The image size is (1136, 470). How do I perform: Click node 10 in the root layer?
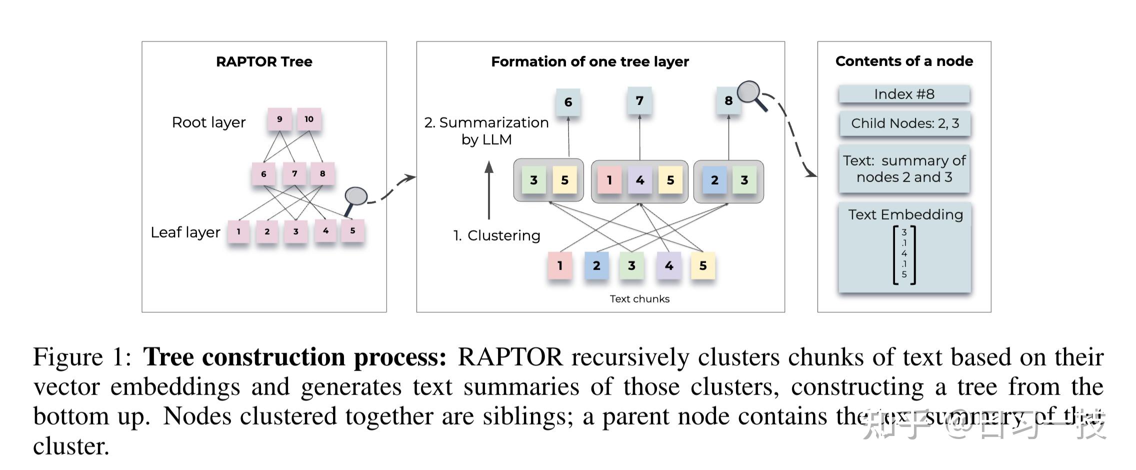tap(309, 119)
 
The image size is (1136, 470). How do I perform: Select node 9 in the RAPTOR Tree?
tap(279, 119)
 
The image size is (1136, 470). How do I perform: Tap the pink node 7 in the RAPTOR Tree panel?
tap(294, 173)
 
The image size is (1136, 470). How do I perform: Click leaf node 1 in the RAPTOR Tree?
tap(238, 231)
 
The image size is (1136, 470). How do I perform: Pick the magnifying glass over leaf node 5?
tap(355, 197)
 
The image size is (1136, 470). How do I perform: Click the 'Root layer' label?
tap(208, 122)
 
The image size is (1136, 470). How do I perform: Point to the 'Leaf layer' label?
tap(185, 232)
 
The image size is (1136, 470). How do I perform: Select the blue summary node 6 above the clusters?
tap(568, 102)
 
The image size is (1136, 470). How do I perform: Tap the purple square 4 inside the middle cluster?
tap(640, 180)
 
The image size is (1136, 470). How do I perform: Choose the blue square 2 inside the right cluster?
tap(714, 180)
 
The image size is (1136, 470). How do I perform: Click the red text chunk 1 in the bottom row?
tap(560, 265)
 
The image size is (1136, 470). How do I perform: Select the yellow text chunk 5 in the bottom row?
tap(703, 265)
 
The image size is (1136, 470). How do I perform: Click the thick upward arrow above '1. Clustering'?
tap(489, 190)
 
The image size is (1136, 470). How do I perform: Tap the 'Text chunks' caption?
tap(639, 299)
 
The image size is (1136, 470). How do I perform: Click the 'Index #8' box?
tap(904, 94)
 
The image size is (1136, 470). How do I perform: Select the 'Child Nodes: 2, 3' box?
tap(904, 123)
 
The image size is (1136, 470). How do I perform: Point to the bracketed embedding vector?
tap(904, 254)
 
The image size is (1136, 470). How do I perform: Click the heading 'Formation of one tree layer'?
tap(590, 61)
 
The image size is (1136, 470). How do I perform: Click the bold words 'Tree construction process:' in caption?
tap(294, 357)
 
